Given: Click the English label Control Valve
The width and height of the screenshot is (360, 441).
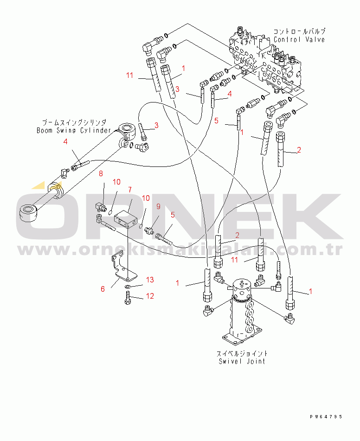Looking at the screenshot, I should (x=299, y=39).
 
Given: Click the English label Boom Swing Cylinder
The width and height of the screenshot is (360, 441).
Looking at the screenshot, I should (x=74, y=130).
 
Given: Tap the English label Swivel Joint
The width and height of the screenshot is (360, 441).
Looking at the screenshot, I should (x=242, y=361).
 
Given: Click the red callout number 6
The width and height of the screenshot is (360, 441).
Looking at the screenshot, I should (x=103, y=289).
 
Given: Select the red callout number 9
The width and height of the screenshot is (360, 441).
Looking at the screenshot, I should (x=158, y=206).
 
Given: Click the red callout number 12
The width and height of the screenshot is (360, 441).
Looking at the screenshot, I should (x=150, y=296).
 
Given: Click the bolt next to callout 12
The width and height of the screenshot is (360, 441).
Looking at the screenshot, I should (x=127, y=301).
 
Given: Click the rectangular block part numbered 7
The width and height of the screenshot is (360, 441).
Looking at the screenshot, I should (x=126, y=218).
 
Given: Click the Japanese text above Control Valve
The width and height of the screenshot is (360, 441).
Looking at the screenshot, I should (x=299, y=32).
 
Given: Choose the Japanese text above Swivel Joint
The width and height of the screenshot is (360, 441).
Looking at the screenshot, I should (x=242, y=353).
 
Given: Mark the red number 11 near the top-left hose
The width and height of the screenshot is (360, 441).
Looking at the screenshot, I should (x=129, y=75).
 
